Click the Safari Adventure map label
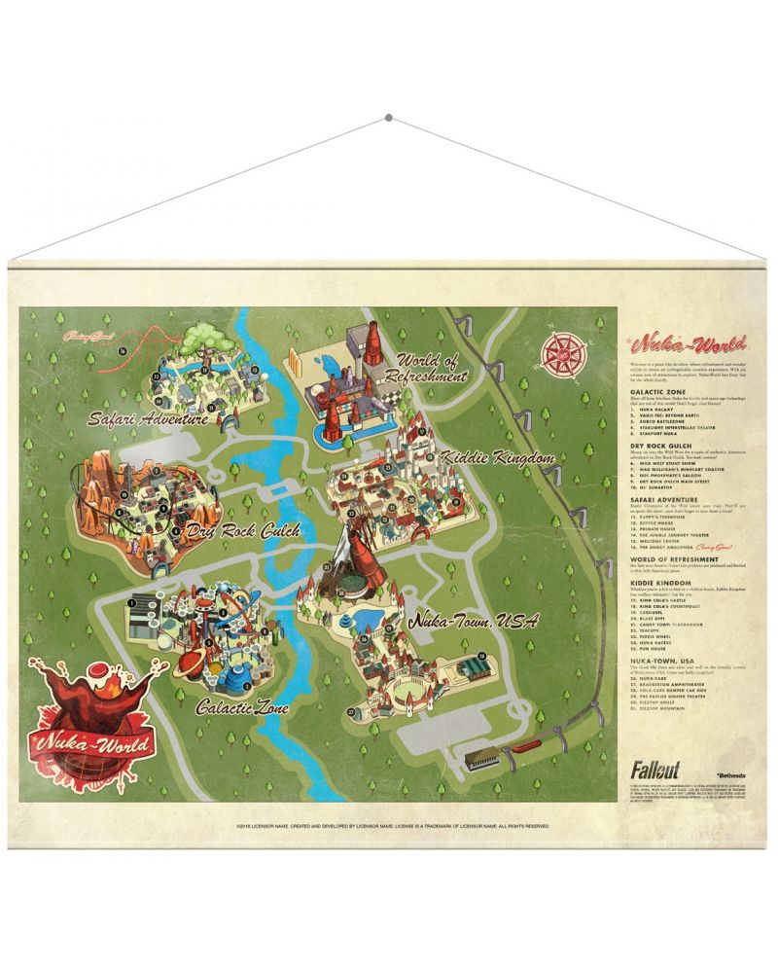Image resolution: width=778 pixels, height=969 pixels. tap(148, 420)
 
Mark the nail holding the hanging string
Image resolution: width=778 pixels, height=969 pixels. tap(389, 118)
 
